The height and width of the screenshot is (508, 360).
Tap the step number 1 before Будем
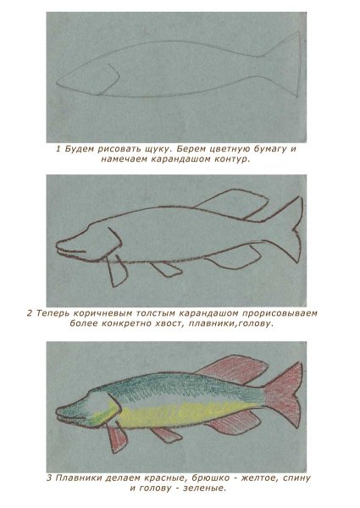pos(58,149)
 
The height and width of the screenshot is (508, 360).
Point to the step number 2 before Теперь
pos(30,313)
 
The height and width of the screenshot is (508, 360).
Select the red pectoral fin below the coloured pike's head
pos(119,438)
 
